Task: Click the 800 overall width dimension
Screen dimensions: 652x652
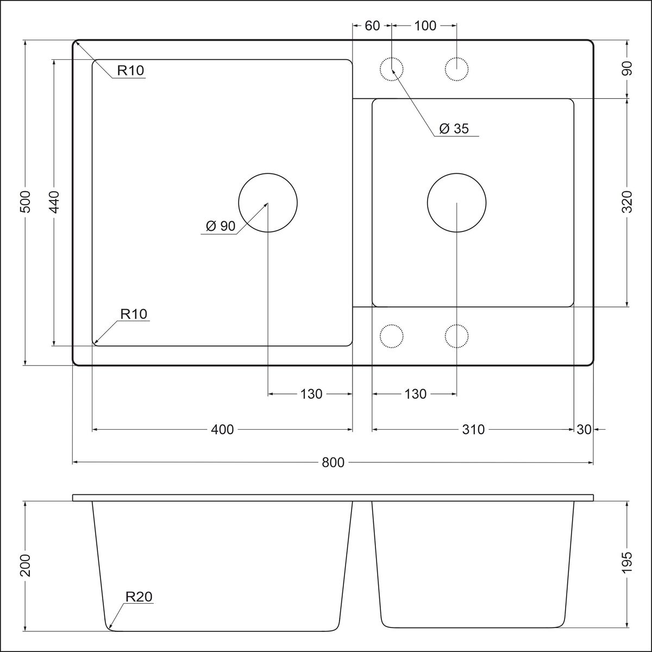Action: point(333,462)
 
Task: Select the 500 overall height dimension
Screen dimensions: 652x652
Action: point(25,202)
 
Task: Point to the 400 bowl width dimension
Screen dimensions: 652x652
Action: point(222,430)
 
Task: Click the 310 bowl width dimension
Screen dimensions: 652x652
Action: point(473,430)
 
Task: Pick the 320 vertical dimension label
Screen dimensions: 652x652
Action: point(627,202)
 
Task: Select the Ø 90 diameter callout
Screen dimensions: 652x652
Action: point(220,226)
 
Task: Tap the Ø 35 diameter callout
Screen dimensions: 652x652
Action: point(454,129)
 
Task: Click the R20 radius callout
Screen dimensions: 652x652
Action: point(139,597)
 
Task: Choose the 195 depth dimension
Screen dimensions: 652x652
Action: point(627,562)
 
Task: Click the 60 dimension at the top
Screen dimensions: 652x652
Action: point(372,26)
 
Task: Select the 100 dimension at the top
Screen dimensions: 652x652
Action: point(425,26)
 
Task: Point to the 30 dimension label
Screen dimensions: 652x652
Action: point(584,430)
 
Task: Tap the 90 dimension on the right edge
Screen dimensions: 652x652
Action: point(627,68)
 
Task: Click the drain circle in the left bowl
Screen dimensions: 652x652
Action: point(268,173)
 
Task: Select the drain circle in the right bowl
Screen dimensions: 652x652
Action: point(457,173)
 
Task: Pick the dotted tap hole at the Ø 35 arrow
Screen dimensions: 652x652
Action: point(392,58)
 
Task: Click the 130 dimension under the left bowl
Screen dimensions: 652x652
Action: point(311,394)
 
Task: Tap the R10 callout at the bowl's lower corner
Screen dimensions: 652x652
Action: point(134,315)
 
